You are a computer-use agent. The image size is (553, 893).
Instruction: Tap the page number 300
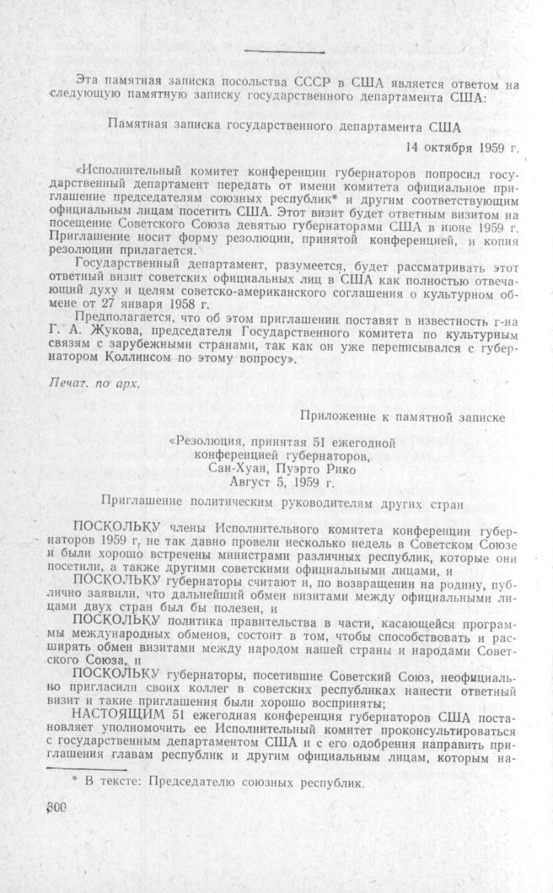pyautogui.click(x=53, y=807)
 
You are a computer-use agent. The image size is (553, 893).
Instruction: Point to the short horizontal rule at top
pyautogui.click(x=271, y=51)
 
